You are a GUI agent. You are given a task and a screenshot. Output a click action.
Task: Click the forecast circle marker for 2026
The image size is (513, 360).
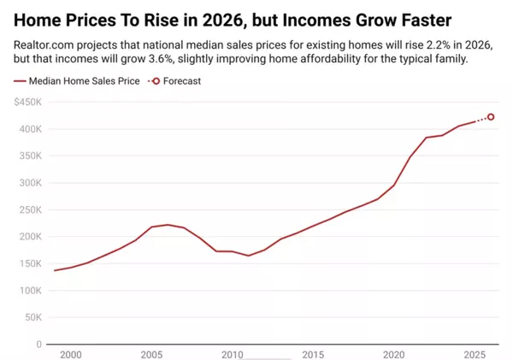click(x=491, y=117)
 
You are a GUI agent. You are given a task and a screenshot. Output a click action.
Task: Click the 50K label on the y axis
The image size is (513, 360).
click(x=32, y=317)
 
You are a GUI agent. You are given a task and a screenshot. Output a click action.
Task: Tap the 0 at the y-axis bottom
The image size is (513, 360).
click(x=38, y=345)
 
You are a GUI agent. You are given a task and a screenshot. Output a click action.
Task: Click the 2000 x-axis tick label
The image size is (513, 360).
click(x=70, y=354)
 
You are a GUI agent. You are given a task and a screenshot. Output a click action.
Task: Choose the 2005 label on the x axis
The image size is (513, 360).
click(x=151, y=354)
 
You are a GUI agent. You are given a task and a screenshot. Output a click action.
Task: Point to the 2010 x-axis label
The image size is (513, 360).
click(x=233, y=354)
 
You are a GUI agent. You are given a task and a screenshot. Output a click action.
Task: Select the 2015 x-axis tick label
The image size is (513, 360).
click(x=313, y=354)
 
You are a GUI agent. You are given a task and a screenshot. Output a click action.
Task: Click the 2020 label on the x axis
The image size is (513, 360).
click(x=393, y=354)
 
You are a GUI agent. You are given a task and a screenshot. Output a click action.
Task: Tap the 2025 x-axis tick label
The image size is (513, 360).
click(x=475, y=354)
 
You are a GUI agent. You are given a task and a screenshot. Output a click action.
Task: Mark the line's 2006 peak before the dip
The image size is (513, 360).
click(x=168, y=225)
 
